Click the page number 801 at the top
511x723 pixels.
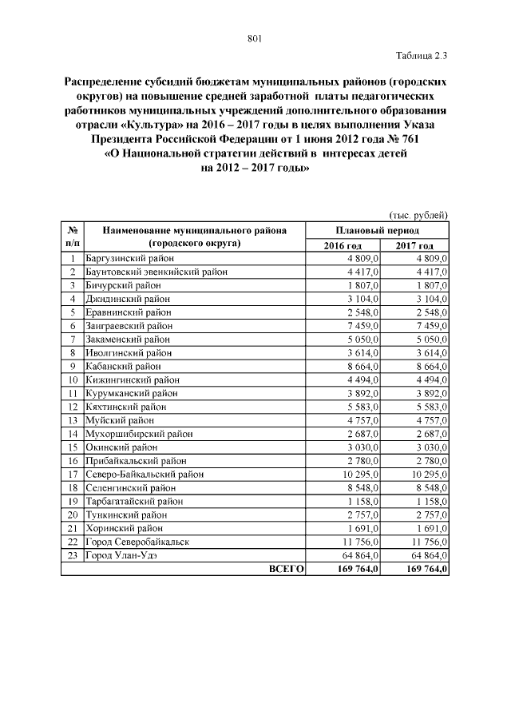[x=255, y=38]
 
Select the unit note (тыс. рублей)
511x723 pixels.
[x=418, y=216]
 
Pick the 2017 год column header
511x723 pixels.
[x=414, y=245]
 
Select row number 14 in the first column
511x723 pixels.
[x=72, y=434]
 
